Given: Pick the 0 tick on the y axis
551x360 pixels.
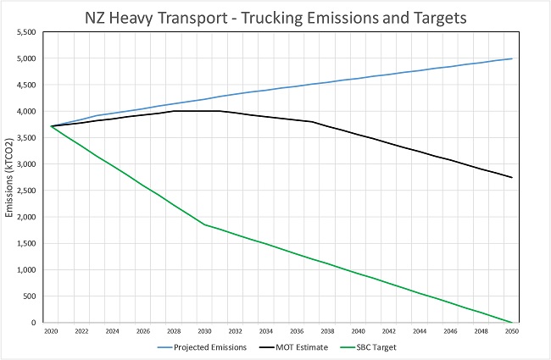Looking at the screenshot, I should pyautogui.click(x=34, y=323).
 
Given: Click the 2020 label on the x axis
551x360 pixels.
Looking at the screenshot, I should pyautogui.click(x=52, y=332).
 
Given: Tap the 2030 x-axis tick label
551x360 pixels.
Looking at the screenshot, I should pyautogui.click(x=204, y=332).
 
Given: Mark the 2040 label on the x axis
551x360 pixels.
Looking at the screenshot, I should pyautogui.click(x=357, y=332).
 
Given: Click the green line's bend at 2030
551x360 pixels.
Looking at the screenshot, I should pyautogui.click(x=204, y=224).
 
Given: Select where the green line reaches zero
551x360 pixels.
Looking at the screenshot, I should pyautogui.click(x=509, y=322).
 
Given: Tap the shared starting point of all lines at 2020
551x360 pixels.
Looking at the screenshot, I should pyautogui.click(x=52, y=126).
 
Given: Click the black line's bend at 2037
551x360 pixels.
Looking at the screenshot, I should pyautogui.click(x=311, y=122).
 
